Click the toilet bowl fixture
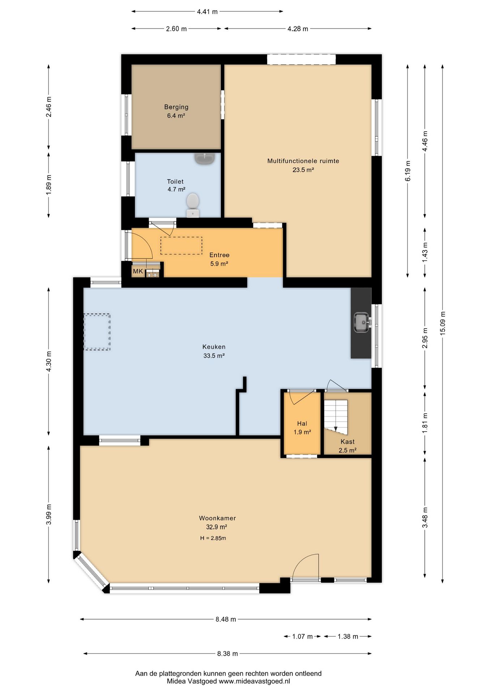click(193, 205)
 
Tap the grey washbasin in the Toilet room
click(205, 158)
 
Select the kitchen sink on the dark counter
click(362, 322)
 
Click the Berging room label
click(176, 107)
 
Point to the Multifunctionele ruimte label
click(303, 161)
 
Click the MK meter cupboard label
click(138, 271)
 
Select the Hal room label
click(302, 424)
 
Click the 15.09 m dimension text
click(443, 323)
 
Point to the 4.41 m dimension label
click(207, 12)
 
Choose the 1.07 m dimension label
click(302, 637)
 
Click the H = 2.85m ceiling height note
click(213, 538)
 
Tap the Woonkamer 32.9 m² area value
click(217, 527)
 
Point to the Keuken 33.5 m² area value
click(214, 356)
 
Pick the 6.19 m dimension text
click(407, 171)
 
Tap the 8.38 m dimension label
click(227, 654)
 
